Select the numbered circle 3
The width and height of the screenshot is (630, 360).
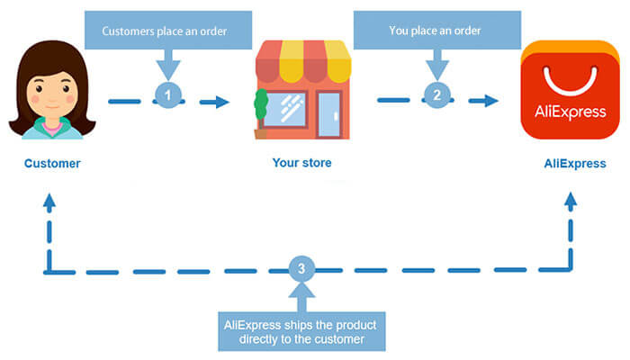302,268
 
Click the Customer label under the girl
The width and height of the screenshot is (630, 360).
51,164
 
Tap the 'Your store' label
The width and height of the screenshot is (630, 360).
301,164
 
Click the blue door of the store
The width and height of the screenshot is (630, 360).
329,113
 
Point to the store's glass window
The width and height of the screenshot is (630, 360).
289,110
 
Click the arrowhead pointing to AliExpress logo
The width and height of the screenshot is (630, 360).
491,101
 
